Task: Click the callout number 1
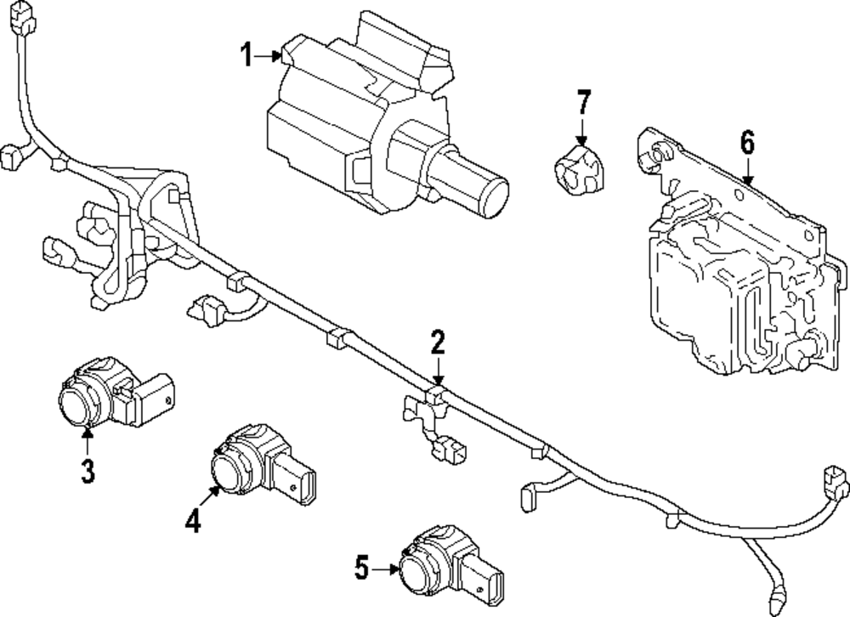(x=246, y=57)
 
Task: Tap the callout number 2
(x=437, y=343)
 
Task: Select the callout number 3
(x=88, y=470)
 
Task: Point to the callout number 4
(x=194, y=518)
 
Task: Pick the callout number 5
(x=362, y=568)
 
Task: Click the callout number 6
(x=746, y=144)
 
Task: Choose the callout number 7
(x=582, y=104)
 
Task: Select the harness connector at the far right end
(x=836, y=480)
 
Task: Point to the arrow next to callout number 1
(x=270, y=57)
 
